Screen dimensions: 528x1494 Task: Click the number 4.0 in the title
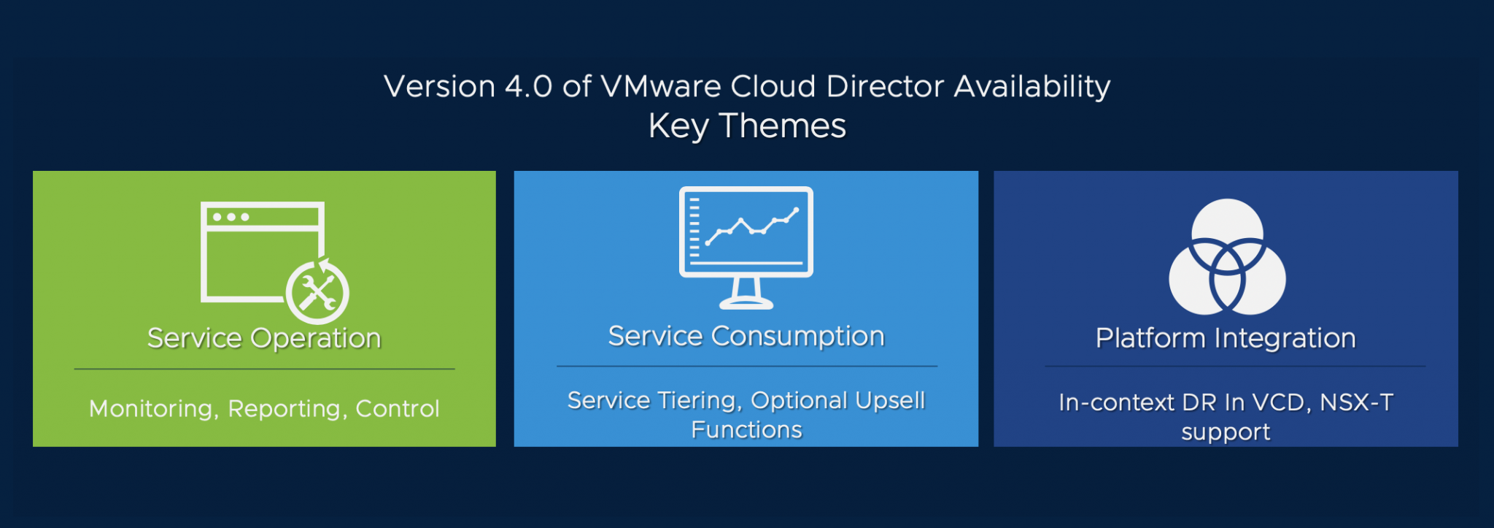528,87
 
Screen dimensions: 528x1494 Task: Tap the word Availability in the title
1032,87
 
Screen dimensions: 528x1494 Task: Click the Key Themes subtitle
747,126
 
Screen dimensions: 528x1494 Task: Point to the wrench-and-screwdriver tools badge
317,293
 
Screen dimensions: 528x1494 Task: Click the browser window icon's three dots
231,217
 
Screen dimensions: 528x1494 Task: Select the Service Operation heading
264,338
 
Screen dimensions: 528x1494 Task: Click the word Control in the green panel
398,409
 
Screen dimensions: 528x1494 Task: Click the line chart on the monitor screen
751,227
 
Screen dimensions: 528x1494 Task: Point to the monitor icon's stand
746,294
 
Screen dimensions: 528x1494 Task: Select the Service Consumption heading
746,336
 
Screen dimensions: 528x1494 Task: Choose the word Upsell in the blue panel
890,400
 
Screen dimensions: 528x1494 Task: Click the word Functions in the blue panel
746,430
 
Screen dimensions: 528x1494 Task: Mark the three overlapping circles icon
1227,257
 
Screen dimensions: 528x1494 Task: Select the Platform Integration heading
1226,338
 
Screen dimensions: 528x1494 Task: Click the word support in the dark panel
1226,432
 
